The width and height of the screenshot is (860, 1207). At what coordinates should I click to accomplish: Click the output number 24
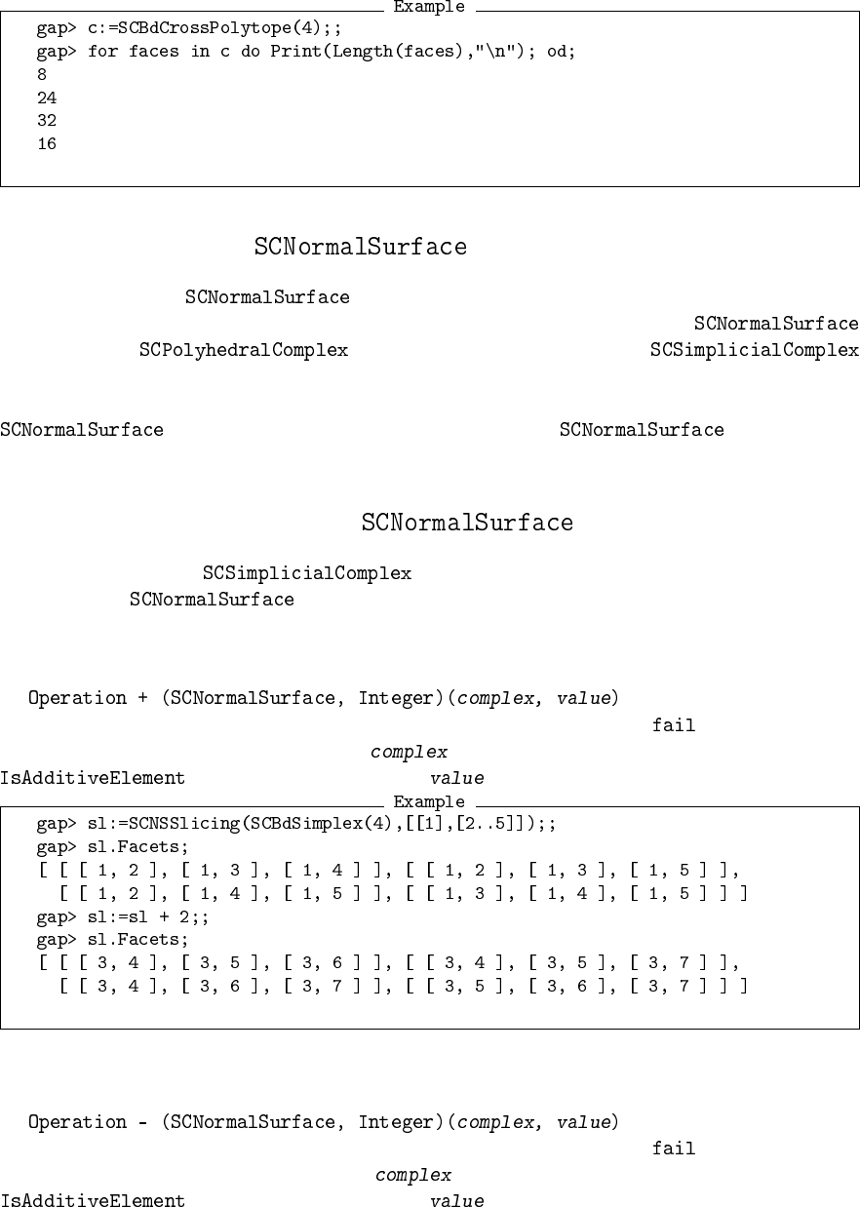pyautogui.click(x=47, y=97)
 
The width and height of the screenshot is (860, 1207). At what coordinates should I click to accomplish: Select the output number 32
pyautogui.click(x=47, y=121)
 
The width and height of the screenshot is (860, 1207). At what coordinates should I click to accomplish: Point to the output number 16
pyautogui.click(x=47, y=144)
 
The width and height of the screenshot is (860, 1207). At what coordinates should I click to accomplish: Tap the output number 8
pyautogui.click(x=42, y=74)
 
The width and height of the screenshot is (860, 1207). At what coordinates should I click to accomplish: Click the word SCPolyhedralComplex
pyautogui.click(x=244, y=350)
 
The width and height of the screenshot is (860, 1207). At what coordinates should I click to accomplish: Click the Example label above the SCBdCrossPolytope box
pyautogui.click(x=429, y=8)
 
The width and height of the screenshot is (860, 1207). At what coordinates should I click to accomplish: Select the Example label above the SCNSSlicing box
pyautogui.click(x=429, y=801)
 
